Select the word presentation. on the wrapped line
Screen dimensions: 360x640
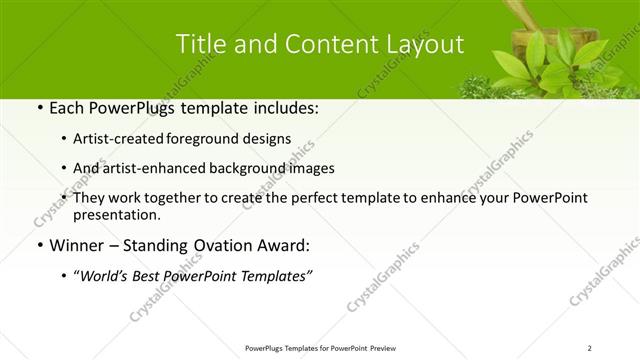tap(117, 215)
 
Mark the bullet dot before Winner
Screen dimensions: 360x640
tap(38, 246)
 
